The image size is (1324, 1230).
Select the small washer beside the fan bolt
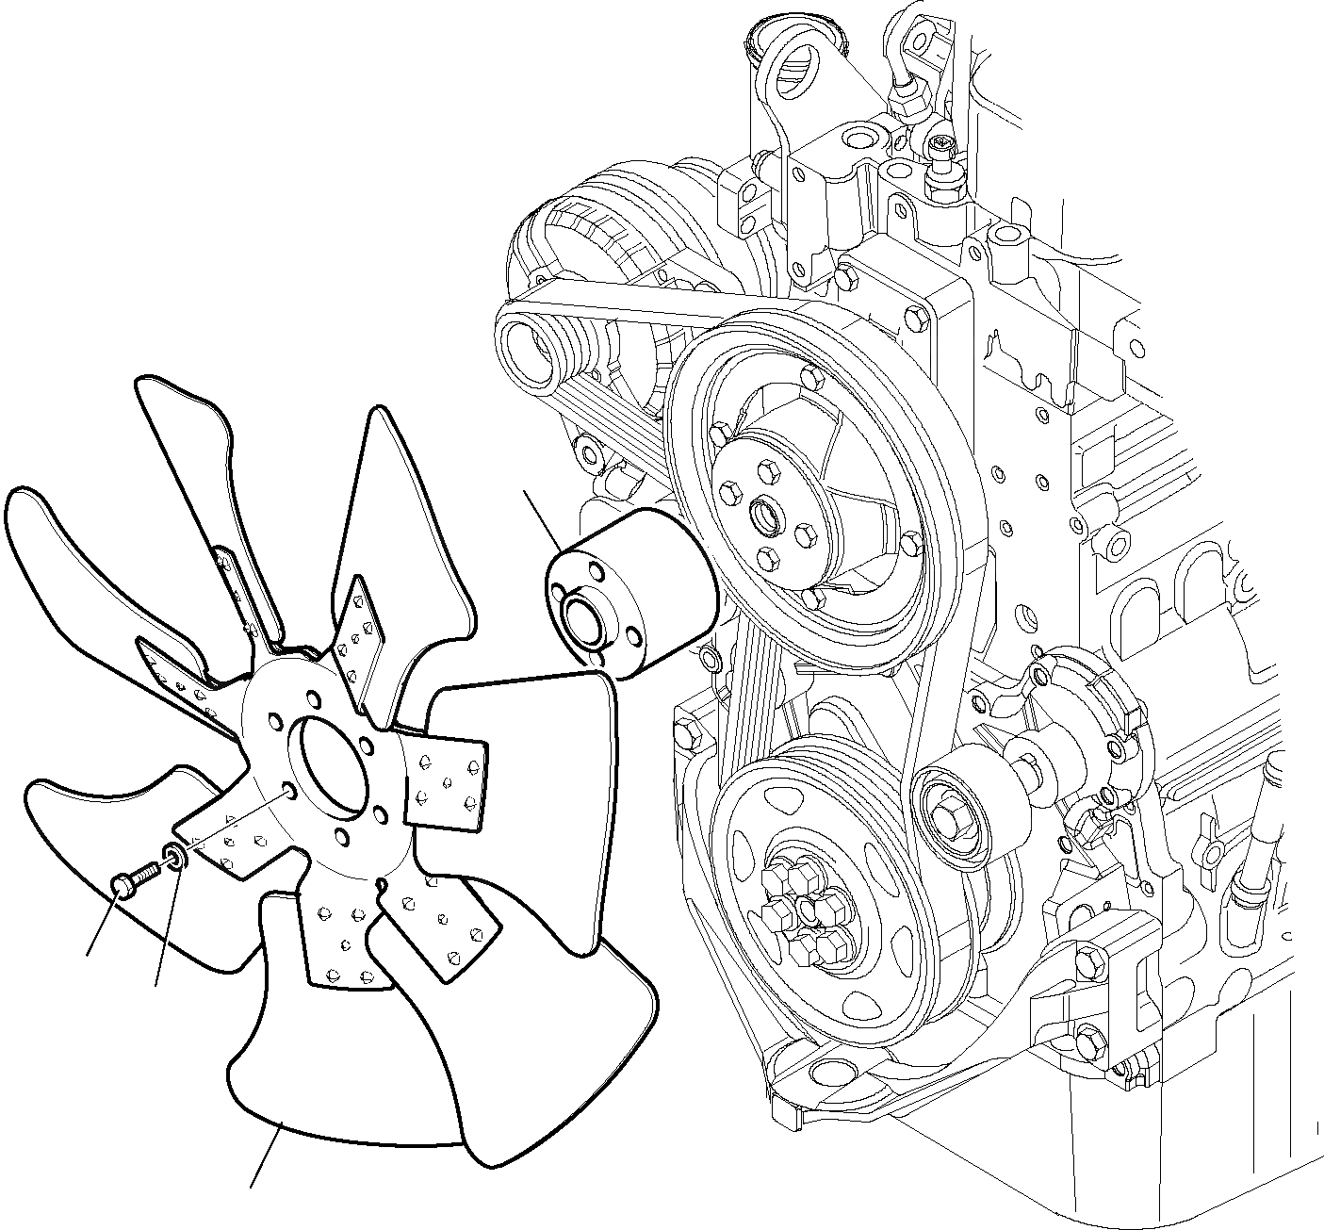(174, 856)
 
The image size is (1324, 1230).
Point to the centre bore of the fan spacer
(584, 622)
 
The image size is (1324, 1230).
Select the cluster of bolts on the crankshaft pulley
(807, 912)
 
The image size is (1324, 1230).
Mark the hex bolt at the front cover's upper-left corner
(685, 730)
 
